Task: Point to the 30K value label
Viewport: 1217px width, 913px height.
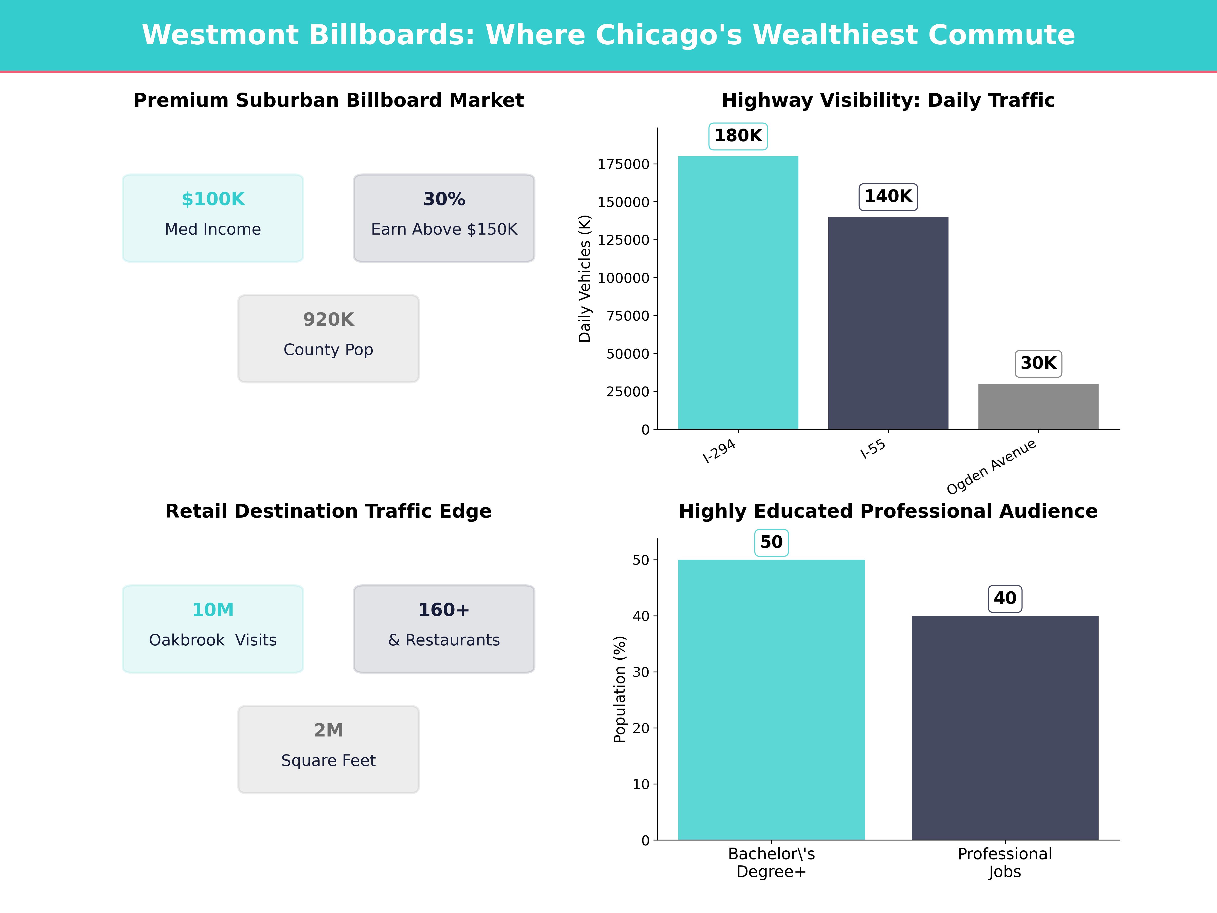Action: pos(1038,363)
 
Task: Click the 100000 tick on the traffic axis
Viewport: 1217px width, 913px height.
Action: pos(623,278)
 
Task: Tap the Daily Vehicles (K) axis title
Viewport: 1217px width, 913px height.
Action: pos(584,278)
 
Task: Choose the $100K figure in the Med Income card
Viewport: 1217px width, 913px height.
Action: pos(213,199)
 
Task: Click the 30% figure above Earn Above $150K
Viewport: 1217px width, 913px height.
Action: pos(444,199)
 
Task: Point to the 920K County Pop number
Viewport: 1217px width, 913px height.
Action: pos(328,319)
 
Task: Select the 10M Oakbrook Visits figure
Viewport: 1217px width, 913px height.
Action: pos(213,610)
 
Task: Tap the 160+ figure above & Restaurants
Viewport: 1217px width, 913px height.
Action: pos(444,610)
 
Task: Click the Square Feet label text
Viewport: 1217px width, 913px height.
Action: pos(328,761)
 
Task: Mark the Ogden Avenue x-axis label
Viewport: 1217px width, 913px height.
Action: pos(991,467)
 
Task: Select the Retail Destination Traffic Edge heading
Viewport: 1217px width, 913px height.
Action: pos(328,511)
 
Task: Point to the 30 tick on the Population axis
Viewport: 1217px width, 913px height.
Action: pos(641,672)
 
